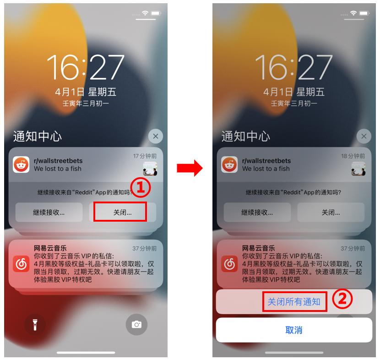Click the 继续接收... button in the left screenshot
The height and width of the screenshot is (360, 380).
(x=49, y=213)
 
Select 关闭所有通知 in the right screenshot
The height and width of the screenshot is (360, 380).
(x=294, y=301)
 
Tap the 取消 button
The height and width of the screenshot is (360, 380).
(x=293, y=330)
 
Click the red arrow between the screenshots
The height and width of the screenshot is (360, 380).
(x=190, y=168)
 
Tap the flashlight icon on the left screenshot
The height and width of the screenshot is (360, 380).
(x=35, y=324)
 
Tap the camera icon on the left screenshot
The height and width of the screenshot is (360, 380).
(x=136, y=324)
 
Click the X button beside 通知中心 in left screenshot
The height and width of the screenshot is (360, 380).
(x=155, y=136)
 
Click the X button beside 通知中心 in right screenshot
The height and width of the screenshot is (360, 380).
(x=364, y=136)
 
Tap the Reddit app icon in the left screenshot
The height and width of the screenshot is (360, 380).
(x=21, y=164)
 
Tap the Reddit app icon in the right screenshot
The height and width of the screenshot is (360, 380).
(x=229, y=164)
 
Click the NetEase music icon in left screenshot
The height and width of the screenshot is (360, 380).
(x=21, y=265)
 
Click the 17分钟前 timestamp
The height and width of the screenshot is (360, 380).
(x=145, y=156)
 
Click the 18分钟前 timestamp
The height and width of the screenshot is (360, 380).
(x=353, y=156)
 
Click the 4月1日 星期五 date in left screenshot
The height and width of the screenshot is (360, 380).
(x=86, y=92)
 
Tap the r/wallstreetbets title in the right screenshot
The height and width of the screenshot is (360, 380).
(x=266, y=161)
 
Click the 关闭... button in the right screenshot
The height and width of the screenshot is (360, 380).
(x=331, y=213)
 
